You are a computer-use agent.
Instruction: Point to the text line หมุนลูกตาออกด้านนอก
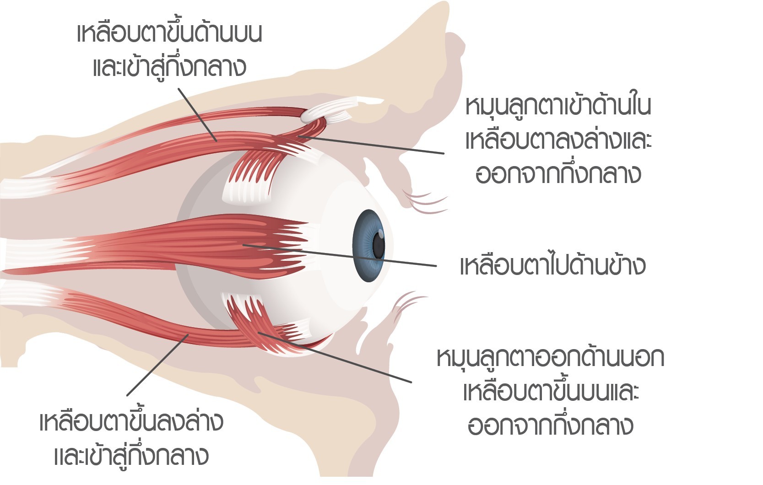[x=551, y=358]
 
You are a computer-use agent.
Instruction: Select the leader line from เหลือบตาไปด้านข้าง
[x=340, y=255]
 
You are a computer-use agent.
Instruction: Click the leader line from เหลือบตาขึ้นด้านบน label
[x=198, y=115]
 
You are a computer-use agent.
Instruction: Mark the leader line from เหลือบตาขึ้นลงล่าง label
[x=157, y=365]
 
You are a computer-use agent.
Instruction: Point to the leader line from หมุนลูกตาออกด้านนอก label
[x=335, y=357]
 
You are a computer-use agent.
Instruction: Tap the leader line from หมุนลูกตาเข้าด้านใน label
[x=371, y=145]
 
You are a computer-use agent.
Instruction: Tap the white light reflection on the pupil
[x=381, y=234]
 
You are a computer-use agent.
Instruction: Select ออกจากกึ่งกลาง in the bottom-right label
[x=550, y=426]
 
